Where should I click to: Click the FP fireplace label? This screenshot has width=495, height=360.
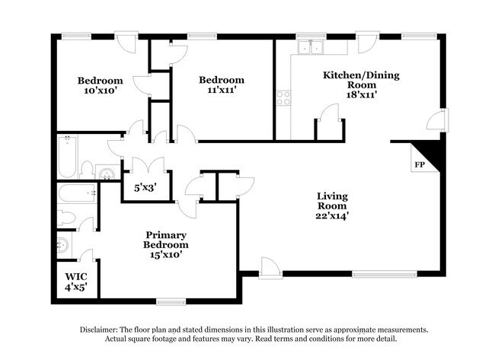pos(420,164)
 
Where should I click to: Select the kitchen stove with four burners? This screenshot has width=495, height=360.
pos(283,98)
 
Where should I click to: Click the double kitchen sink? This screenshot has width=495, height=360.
pos(311,47)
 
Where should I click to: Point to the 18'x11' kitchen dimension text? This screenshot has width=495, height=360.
pos(362,94)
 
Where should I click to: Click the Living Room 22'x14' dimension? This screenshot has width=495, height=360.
pos(332,215)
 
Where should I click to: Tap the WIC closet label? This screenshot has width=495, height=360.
pos(76,277)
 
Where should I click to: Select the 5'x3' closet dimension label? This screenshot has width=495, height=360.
pos(145,188)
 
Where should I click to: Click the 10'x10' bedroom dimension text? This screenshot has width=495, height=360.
pos(101,91)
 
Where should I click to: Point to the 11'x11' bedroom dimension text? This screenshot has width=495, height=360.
pos(222,90)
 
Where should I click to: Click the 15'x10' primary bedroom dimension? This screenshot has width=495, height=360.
pos(166,255)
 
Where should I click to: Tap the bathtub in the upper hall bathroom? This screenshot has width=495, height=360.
pos(67,156)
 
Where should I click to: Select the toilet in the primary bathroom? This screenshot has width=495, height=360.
pos(66,218)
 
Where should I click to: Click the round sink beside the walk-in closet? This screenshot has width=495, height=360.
pos(62,246)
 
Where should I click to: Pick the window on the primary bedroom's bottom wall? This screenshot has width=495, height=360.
pos(171,302)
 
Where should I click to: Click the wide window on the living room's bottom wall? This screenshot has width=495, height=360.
pos(385,275)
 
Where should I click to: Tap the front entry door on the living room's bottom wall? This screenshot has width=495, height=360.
pos(270,268)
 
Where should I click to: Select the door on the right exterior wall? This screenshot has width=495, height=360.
pos(438,120)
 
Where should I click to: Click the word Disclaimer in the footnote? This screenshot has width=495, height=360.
pos(98,330)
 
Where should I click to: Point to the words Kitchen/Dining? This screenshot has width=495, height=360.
pos(361,75)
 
